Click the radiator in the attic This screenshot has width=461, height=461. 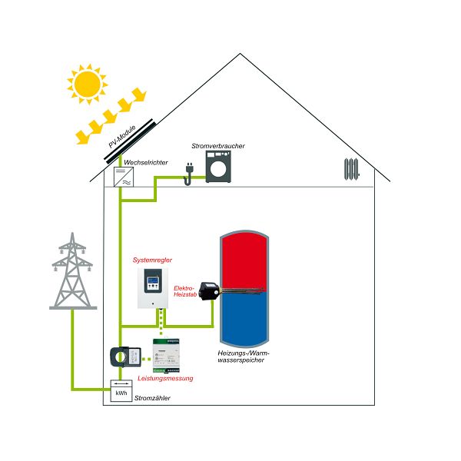point(352,168)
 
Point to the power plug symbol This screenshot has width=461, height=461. point(186,174)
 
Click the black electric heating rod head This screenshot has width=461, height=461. point(207,291)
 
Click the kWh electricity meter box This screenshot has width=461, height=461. point(121,393)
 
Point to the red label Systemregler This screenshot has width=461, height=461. point(152,260)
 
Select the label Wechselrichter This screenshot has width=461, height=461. point(145,163)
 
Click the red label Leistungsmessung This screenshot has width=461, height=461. point(165,379)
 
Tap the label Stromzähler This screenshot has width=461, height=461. point(152,398)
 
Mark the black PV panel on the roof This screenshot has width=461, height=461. point(131,138)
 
